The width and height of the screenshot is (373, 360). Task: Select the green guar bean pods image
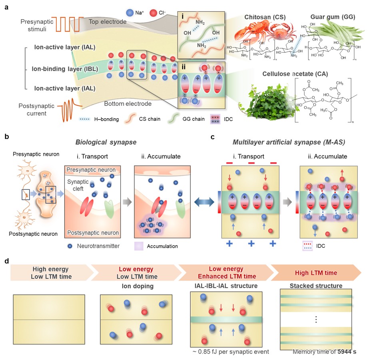pos(340,32)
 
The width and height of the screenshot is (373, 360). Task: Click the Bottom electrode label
pos(128,104)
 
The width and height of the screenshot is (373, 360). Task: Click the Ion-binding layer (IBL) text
pos(66,68)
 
